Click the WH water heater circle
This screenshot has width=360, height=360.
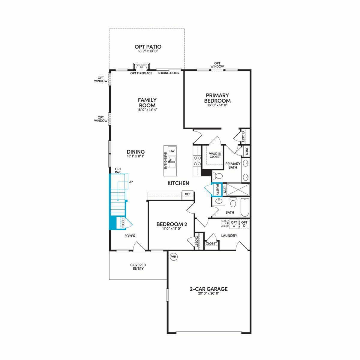[174, 257]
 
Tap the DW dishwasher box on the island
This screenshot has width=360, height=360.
[172, 151]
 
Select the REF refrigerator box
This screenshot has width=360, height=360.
[187, 194]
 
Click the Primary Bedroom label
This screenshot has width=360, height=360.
[217, 98]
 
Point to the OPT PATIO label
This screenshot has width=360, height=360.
[148, 47]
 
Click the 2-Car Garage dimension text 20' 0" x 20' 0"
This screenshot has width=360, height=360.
[208, 293]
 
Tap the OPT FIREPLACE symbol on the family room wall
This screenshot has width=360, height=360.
[141, 67]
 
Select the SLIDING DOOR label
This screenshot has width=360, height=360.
[168, 73]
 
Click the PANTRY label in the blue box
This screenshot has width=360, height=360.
[217, 189]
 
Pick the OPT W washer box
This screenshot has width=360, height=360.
[234, 224]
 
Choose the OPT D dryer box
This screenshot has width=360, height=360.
[244, 224]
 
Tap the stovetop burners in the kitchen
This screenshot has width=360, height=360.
[197, 161]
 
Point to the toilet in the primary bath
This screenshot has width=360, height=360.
[217, 176]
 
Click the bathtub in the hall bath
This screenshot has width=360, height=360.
[245, 208]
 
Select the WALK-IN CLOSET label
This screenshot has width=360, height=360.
[215, 155]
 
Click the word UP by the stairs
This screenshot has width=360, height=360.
[130, 182]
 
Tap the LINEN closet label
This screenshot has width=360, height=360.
[247, 151]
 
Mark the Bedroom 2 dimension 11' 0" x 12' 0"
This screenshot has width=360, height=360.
[172, 228]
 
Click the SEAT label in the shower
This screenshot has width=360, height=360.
[225, 189]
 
